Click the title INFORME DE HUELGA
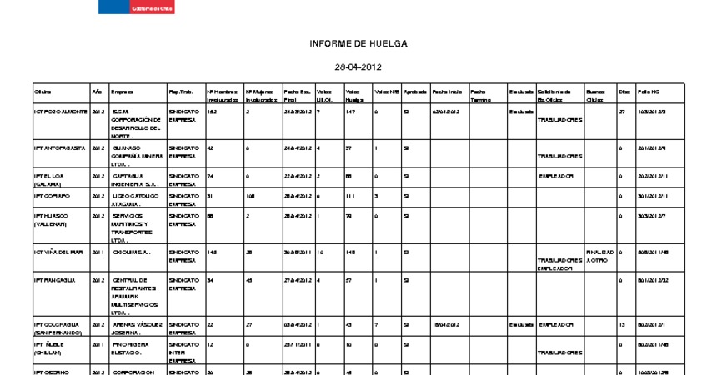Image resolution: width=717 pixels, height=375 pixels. (x=358, y=43)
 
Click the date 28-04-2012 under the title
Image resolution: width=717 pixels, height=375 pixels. (x=358, y=67)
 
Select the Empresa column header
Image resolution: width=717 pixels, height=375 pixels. (x=122, y=92)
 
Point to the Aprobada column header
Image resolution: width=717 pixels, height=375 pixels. (x=415, y=92)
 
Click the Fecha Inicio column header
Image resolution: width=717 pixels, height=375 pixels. (x=447, y=92)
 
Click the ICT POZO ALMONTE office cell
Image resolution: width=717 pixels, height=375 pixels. (x=59, y=111)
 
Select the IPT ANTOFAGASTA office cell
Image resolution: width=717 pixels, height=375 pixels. (x=58, y=147)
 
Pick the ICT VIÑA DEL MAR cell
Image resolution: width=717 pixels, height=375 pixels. (x=58, y=251)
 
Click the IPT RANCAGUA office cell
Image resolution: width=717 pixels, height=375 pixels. (x=53, y=280)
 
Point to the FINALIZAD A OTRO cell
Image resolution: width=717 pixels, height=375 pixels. (x=600, y=255)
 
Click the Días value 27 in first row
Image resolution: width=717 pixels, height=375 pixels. (x=622, y=111)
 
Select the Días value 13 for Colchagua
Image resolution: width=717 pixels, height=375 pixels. (x=622, y=323)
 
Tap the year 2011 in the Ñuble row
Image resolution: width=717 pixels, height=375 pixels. (x=97, y=342)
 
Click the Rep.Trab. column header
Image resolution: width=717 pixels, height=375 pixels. (x=181, y=92)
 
